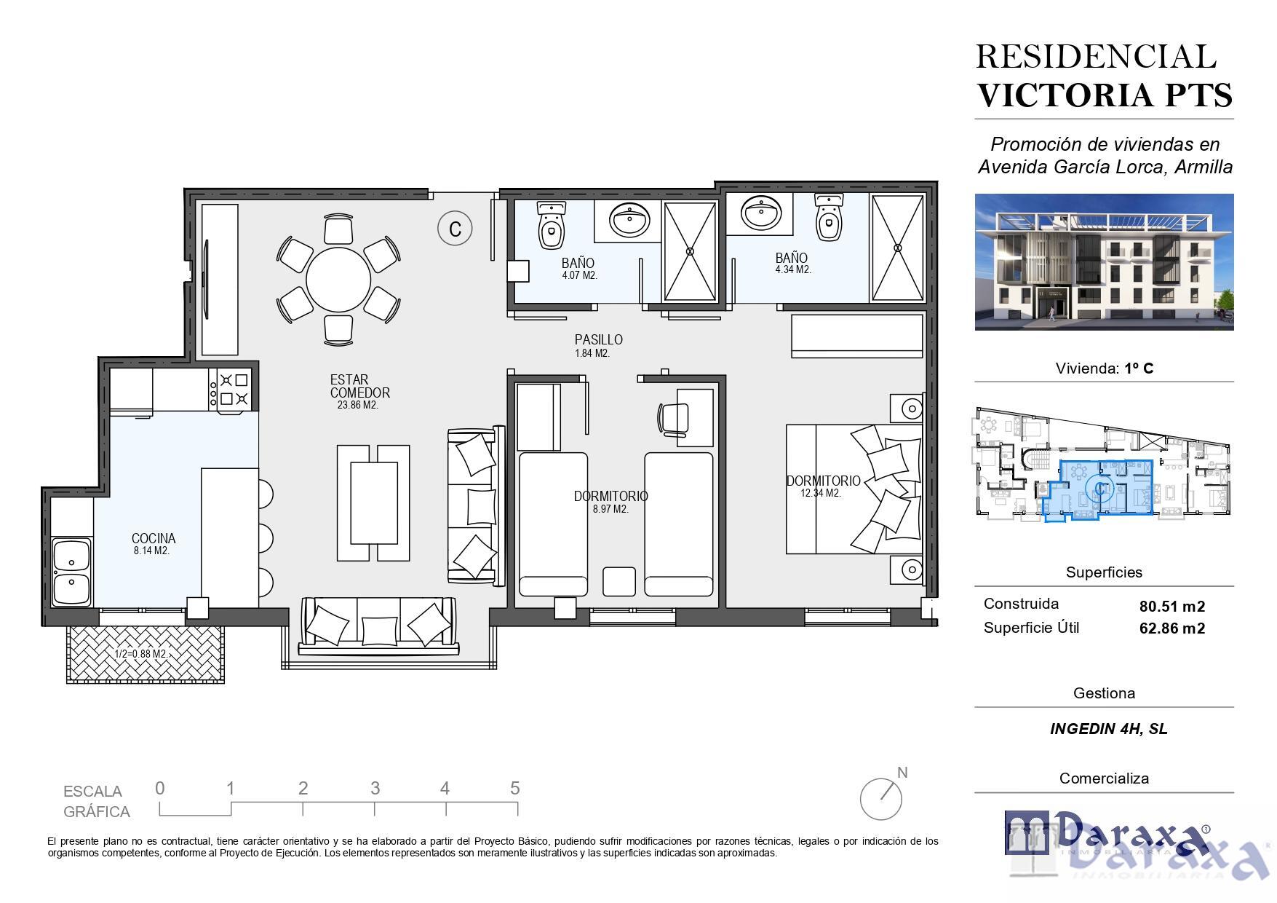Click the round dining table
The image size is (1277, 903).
coord(338,280)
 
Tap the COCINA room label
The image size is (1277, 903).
coord(154,538)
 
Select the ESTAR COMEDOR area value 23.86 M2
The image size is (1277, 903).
coord(357,406)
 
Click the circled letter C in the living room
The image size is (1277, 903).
coord(455,229)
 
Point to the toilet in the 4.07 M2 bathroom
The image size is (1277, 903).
coord(552,224)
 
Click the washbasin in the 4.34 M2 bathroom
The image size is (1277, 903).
coord(761,213)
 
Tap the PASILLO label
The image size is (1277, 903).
coord(598,339)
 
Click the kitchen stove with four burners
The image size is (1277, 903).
coord(233,389)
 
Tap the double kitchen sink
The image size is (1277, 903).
coord(71,572)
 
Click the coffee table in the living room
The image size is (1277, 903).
coord(374,502)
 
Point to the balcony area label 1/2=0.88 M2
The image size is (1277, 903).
coord(142,654)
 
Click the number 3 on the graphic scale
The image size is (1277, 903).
coord(375,788)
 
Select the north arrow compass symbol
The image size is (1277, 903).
coord(881,798)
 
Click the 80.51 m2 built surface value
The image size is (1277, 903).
coord(1171,606)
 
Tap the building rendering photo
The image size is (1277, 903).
coord(1104,261)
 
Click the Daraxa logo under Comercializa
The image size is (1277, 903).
coord(1107,833)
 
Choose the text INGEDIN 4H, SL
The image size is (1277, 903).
coord(1108,729)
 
